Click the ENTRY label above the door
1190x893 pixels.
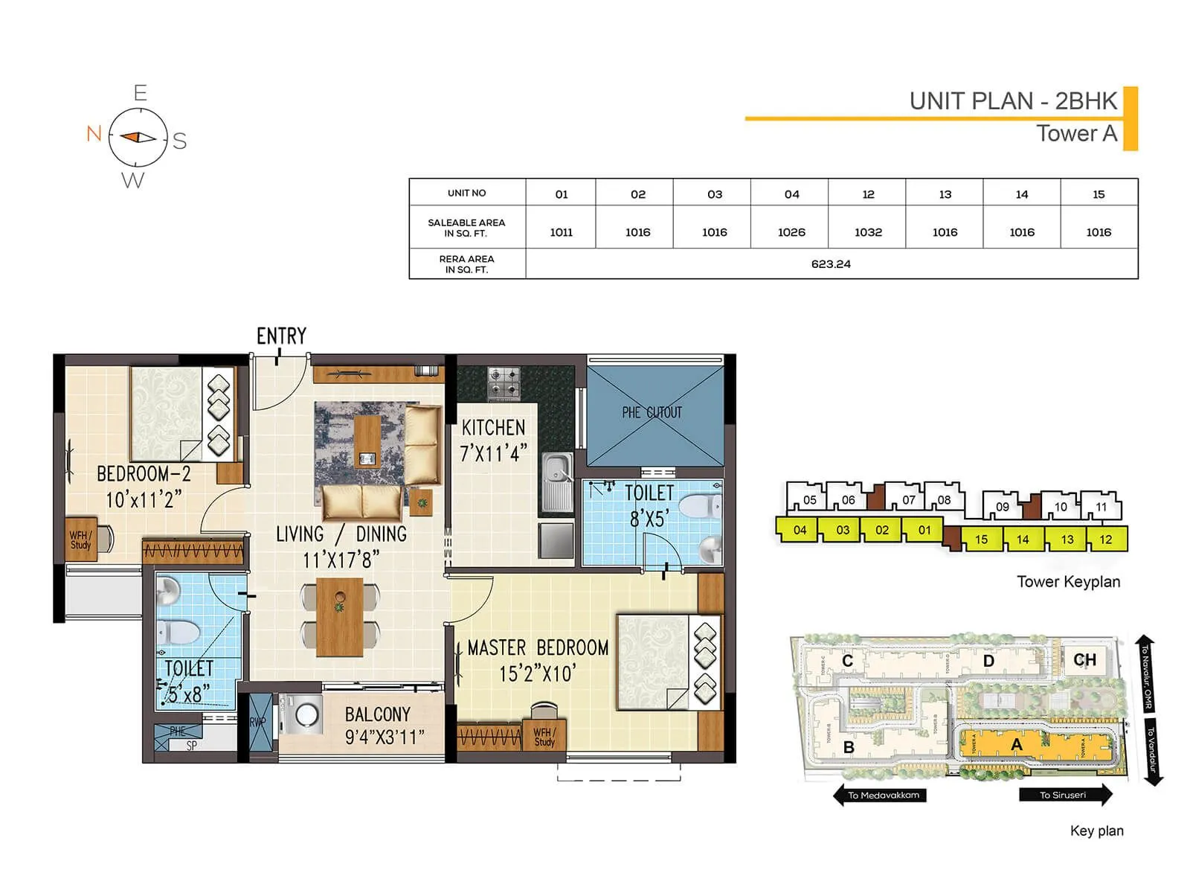(x=281, y=336)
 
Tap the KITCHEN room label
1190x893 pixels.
(x=493, y=428)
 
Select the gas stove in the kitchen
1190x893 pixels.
(x=504, y=384)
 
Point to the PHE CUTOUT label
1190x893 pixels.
(x=652, y=412)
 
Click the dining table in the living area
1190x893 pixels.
(x=340, y=617)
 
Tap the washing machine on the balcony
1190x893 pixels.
(x=303, y=715)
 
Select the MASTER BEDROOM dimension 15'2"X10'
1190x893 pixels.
(x=537, y=674)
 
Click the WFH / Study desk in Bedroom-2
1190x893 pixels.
(x=82, y=539)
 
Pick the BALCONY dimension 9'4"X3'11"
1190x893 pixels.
(x=385, y=737)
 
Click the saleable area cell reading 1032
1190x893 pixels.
(x=868, y=232)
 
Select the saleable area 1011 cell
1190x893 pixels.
(x=562, y=232)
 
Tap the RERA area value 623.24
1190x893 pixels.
(x=831, y=264)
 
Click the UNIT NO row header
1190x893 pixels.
(x=467, y=193)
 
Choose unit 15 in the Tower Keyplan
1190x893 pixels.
(x=981, y=540)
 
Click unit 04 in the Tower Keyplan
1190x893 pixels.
(x=800, y=530)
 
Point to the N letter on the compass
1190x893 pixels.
(x=94, y=134)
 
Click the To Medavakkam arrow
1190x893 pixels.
(x=880, y=795)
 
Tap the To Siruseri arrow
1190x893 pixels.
(x=1065, y=795)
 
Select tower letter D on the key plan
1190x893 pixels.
(x=988, y=661)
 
